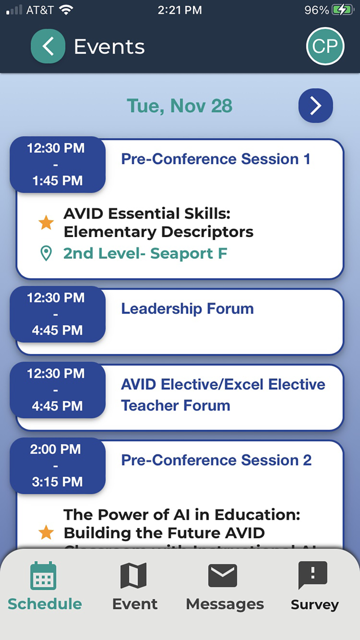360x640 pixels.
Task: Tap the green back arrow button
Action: point(48,46)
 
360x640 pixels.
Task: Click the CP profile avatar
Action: point(325,46)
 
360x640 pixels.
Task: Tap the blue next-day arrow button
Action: point(316,105)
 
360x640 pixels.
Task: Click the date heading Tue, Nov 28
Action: point(179,106)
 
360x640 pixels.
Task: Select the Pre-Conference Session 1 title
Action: point(215,159)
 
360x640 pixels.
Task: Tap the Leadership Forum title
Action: point(187,309)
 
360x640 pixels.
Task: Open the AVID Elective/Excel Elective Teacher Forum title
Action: point(223,395)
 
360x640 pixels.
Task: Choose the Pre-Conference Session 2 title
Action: point(216,460)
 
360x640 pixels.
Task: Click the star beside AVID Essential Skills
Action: point(46,223)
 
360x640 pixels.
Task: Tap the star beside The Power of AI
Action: point(46,532)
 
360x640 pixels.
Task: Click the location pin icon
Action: point(46,254)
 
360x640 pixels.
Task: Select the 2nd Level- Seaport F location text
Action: point(145,254)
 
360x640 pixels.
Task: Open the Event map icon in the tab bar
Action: point(134,575)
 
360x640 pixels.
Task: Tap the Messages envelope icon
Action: point(223,575)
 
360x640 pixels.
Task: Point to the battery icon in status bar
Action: point(342,10)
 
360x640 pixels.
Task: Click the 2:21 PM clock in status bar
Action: point(179,10)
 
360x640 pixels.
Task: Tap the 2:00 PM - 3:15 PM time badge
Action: point(57,466)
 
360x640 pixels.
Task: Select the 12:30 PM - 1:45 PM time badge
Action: point(57,165)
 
